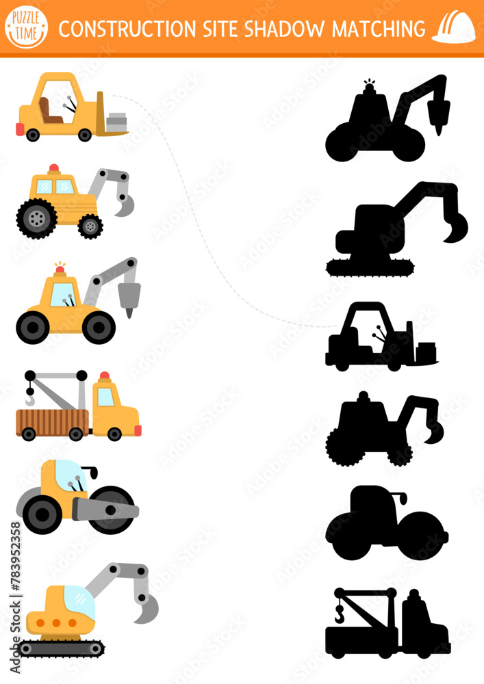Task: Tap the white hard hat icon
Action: pyautogui.click(x=454, y=28)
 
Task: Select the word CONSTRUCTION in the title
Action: pyautogui.click(x=127, y=29)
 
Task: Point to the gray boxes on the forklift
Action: pyautogui.click(x=117, y=122)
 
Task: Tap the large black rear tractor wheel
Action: pyautogui.click(x=36, y=219)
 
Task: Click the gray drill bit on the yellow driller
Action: pyautogui.click(x=128, y=297)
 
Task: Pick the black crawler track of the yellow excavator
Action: pyautogui.click(x=62, y=648)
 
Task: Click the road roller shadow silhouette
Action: pyautogui.click(x=386, y=526)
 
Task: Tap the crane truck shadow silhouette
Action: pyautogui.click(x=387, y=623)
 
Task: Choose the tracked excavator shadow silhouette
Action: pyautogui.click(x=394, y=233)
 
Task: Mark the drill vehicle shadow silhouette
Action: pyautogui.click(x=383, y=123)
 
